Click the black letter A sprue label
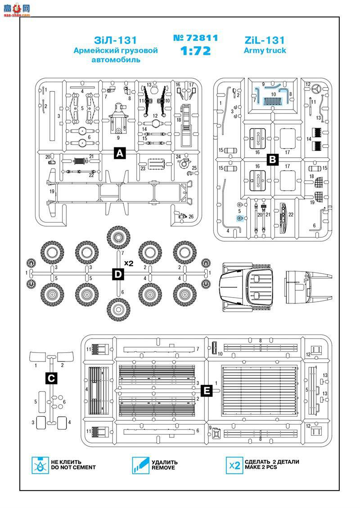[x=120, y=153]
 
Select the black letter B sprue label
[x=273, y=158]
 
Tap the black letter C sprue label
[x=52, y=378]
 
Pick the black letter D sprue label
[x=117, y=274]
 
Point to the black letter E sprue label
[x=206, y=390]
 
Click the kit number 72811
[x=195, y=38]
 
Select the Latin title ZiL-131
[x=265, y=40]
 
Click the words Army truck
[x=265, y=50]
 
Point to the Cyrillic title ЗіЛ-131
[x=116, y=40]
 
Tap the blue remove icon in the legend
[x=140, y=464]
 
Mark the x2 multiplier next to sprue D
[x=129, y=263]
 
